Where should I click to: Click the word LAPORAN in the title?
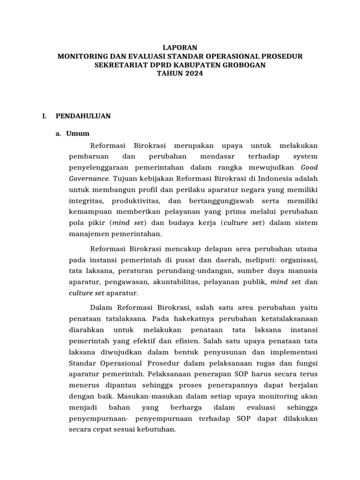point(180,47)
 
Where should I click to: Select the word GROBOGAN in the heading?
point(243,65)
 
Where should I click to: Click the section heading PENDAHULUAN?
point(83,116)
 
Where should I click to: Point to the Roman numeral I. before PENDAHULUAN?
point(44,116)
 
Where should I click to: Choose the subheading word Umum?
point(78,134)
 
